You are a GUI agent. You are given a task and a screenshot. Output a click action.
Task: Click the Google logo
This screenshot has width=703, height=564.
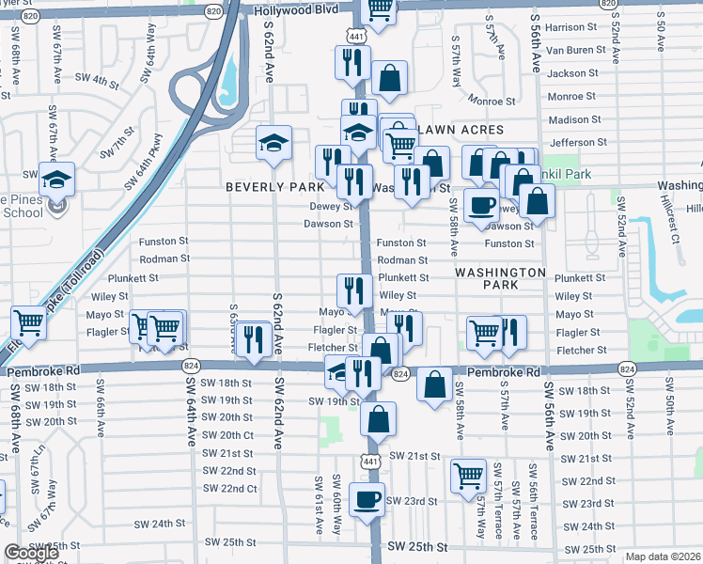pyautogui.click(x=31, y=553)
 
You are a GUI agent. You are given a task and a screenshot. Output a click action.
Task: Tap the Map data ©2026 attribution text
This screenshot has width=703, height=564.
pyautogui.click(x=664, y=556)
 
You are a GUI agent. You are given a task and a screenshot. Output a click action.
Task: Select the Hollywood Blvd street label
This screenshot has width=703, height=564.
pyautogui.click(x=294, y=10)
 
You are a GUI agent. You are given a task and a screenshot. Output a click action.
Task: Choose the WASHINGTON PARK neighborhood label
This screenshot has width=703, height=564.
pyautogui.click(x=500, y=278)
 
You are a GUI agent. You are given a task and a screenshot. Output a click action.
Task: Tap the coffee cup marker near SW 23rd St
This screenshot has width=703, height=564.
pyautogui.click(x=367, y=498)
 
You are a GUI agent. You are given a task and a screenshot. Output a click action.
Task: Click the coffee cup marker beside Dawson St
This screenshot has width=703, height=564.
pyautogui.click(x=482, y=205)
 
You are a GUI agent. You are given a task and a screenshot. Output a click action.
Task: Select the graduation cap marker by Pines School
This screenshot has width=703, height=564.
pyautogui.click(x=56, y=177)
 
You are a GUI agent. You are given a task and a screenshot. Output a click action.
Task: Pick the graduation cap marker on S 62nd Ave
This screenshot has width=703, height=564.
pyautogui.click(x=273, y=142)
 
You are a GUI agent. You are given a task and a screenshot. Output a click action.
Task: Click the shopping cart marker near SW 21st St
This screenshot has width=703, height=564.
pyautogui.click(x=468, y=475)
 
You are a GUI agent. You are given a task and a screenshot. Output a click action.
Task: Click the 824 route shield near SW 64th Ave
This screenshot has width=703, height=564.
pyautogui.click(x=192, y=365)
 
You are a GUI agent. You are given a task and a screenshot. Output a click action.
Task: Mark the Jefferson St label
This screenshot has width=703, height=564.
pyautogui.click(x=572, y=143)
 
